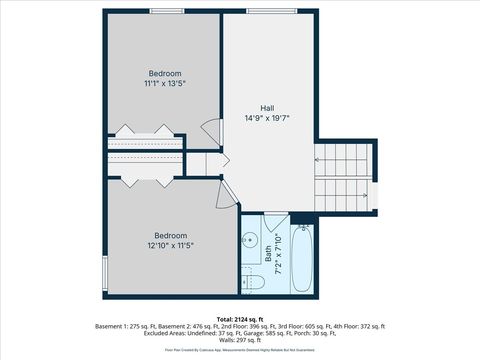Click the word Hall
tap(268, 108)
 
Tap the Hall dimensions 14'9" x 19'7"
tap(268, 118)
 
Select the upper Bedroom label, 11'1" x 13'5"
tap(165, 74)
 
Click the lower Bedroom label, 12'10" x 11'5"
tap(171, 235)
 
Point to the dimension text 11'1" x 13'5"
tap(165, 84)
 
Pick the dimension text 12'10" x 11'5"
tap(171, 245)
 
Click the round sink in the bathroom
tap(250, 241)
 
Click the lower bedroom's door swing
tap(224, 195)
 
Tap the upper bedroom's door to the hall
tap(209, 131)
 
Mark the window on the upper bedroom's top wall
tap(165, 11)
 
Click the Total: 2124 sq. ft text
tap(239, 319)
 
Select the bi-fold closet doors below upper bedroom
tap(145, 131)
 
